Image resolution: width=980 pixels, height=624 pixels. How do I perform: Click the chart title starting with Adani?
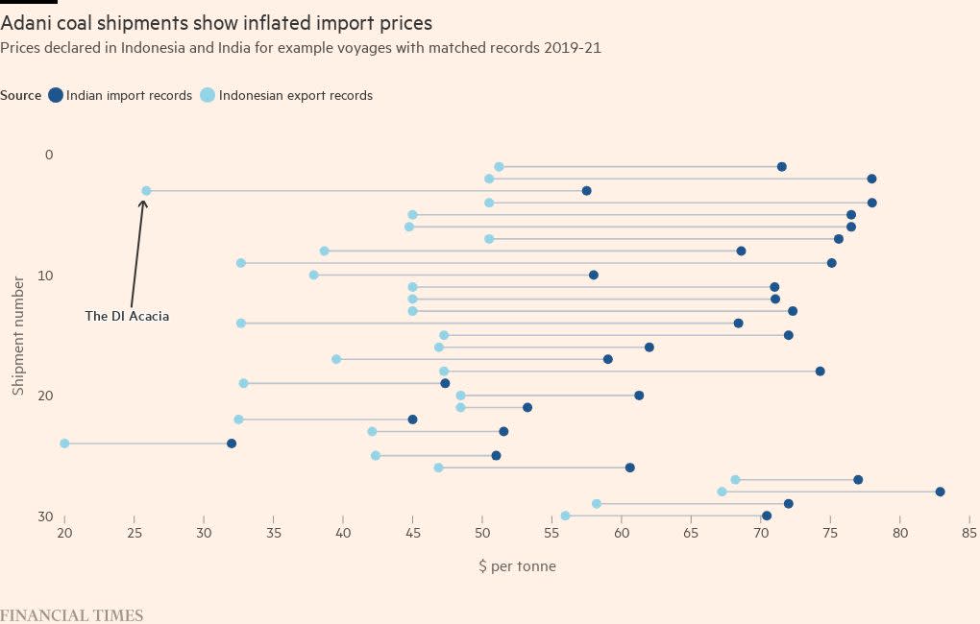coord(216,23)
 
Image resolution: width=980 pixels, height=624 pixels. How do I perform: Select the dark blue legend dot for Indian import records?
coord(56,95)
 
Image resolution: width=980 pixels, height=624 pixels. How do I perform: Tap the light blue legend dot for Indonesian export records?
coord(208,95)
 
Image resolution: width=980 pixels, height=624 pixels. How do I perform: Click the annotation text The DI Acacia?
coord(127,316)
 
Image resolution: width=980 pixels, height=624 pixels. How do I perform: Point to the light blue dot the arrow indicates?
coord(146,191)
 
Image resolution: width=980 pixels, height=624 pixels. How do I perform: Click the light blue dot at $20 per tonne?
coord(64,444)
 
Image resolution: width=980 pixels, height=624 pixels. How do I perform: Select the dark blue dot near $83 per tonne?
coord(940,492)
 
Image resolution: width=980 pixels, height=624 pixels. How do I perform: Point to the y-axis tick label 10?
coord(46,276)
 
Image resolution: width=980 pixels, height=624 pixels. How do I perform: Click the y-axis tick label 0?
coord(50,155)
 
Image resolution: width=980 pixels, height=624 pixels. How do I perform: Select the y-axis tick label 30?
coord(45,516)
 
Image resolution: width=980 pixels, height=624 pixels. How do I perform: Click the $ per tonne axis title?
coord(517,566)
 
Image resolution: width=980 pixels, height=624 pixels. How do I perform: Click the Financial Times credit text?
coord(71,615)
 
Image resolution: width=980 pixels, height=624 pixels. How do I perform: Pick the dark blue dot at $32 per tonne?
coord(232,444)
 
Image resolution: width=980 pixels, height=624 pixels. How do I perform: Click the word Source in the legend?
coord(21,95)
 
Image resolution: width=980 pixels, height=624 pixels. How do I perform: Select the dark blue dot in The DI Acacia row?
coord(586,191)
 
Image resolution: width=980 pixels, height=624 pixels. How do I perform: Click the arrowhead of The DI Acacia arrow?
coord(143,202)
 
